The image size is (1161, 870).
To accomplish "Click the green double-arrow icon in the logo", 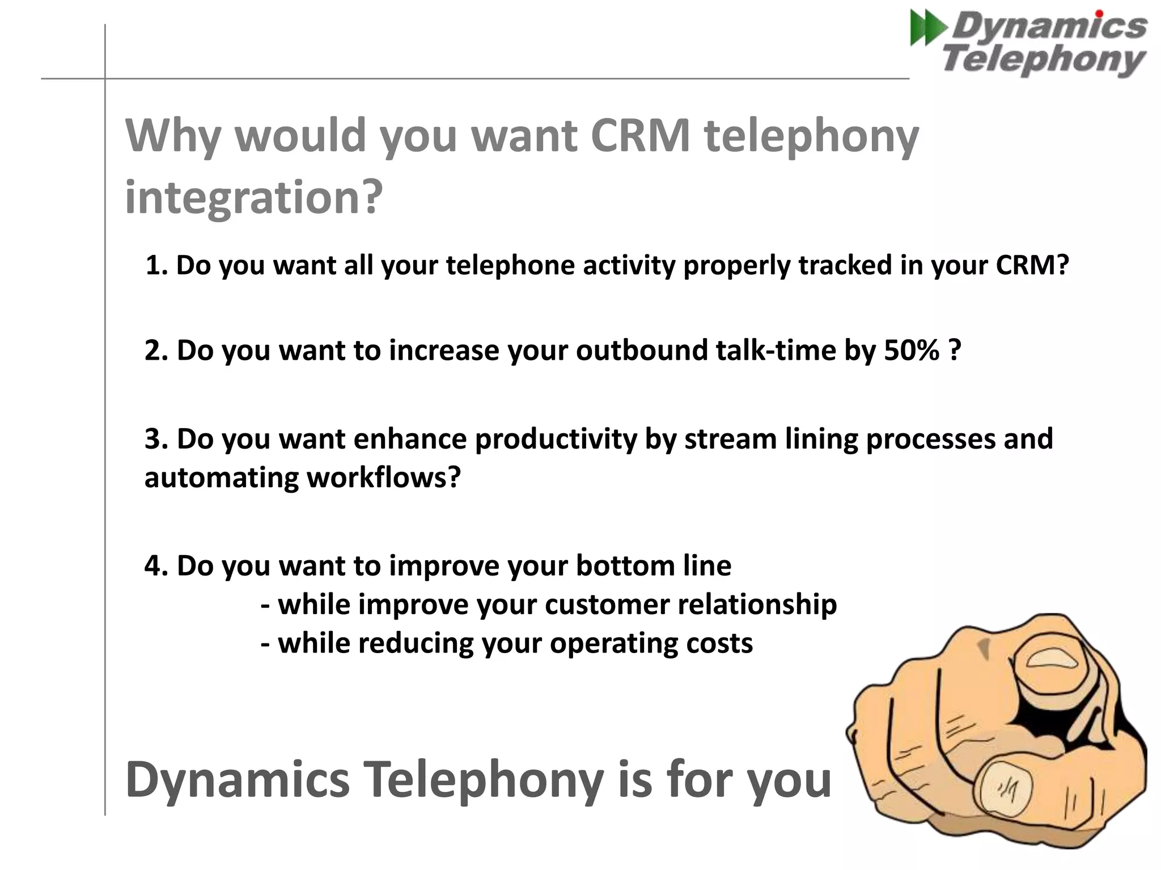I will click(927, 29).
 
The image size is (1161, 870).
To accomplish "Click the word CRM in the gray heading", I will click(640, 136).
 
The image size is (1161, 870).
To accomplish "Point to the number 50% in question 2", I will click(911, 350).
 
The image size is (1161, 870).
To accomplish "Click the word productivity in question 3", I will click(556, 440).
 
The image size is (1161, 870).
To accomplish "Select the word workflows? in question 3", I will click(383, 477).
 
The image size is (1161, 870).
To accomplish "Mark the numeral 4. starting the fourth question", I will click(157, 566).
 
